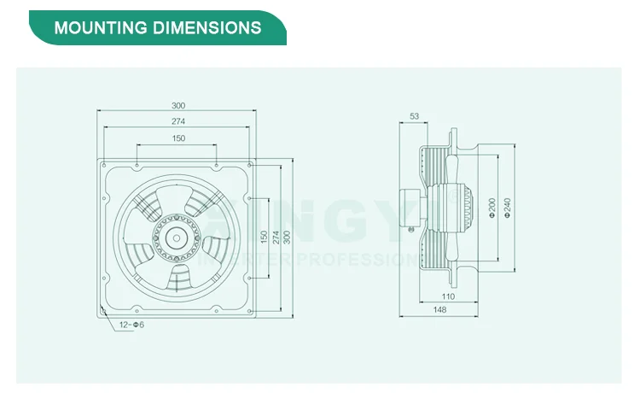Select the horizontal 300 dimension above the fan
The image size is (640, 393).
177,105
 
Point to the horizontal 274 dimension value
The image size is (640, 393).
177,122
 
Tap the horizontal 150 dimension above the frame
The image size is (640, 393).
177,138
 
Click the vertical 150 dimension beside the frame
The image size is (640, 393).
263,235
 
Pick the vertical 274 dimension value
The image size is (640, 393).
275,235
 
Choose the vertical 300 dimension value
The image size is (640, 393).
287,235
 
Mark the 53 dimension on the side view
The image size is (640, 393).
414,115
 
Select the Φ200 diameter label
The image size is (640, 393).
492,207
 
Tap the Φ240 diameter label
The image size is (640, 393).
508,207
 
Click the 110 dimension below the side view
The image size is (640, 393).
448,296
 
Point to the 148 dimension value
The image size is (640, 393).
439,310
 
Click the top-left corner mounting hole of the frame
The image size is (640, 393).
103,162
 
